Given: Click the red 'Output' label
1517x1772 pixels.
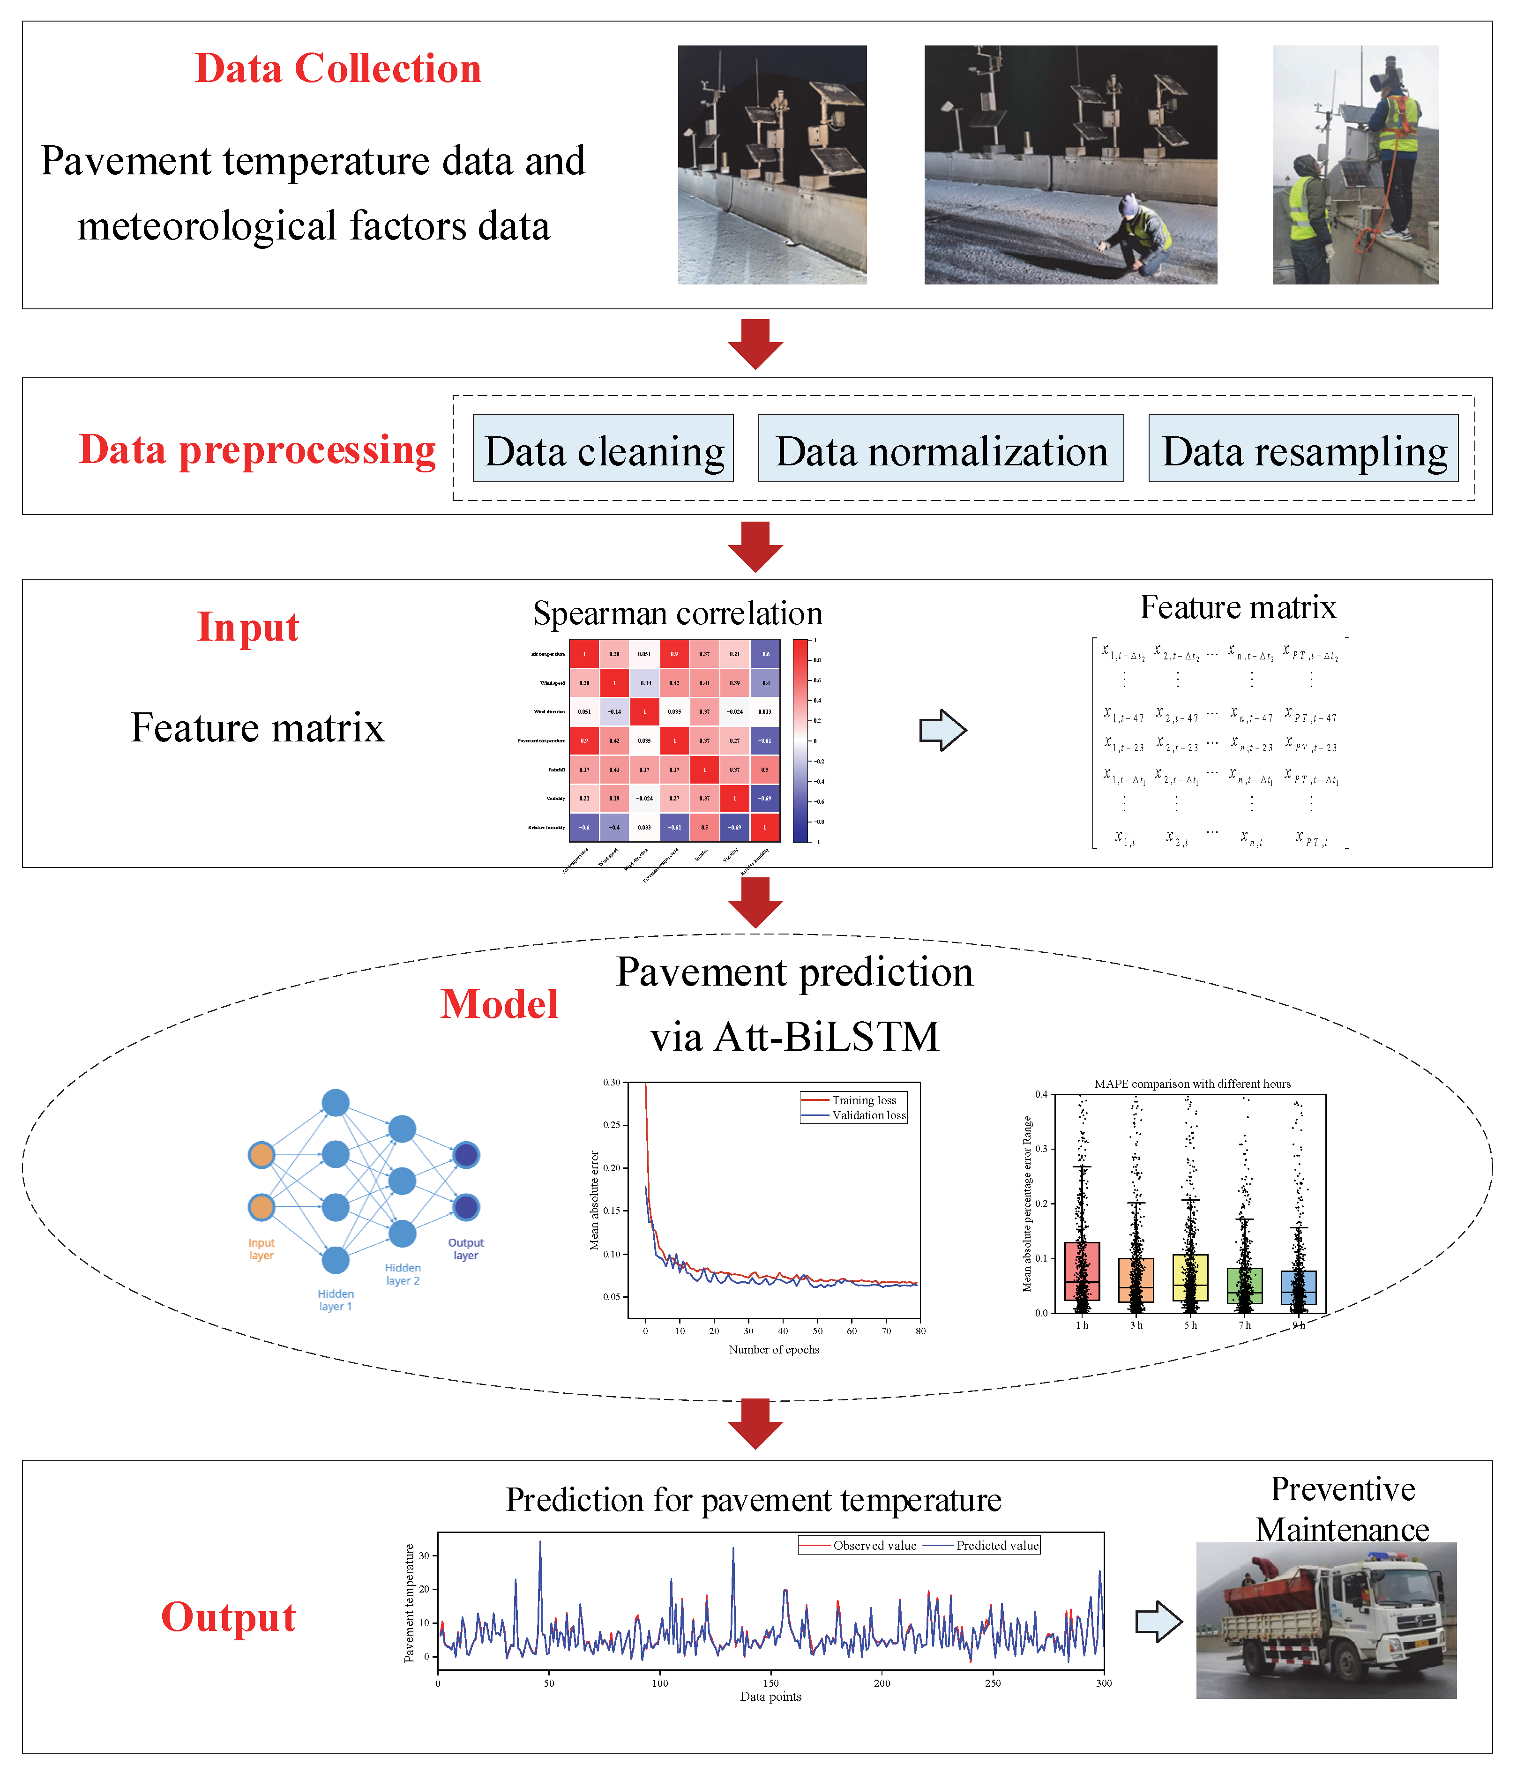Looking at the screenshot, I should [228, 1616].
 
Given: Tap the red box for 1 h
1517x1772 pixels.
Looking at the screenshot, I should [1082, 1271].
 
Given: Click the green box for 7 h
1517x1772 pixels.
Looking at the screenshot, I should [1244, 1286].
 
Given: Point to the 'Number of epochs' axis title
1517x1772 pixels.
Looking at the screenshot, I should [773, 1350].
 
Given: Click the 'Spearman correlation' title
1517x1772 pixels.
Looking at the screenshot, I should [677, 613].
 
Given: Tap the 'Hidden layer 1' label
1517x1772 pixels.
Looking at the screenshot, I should [335, 1300].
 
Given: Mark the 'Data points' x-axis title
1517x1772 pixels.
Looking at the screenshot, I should [770, 1697].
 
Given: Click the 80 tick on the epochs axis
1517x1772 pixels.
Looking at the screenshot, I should [920, 1331].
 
